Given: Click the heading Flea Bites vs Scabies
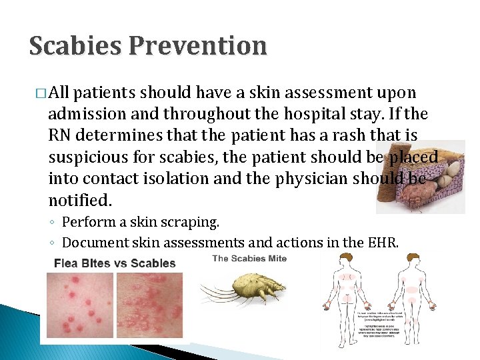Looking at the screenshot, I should pyautogui.click(x=115, y=263).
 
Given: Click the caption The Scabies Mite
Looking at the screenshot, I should pyautogui.click(x=249, y=259).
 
